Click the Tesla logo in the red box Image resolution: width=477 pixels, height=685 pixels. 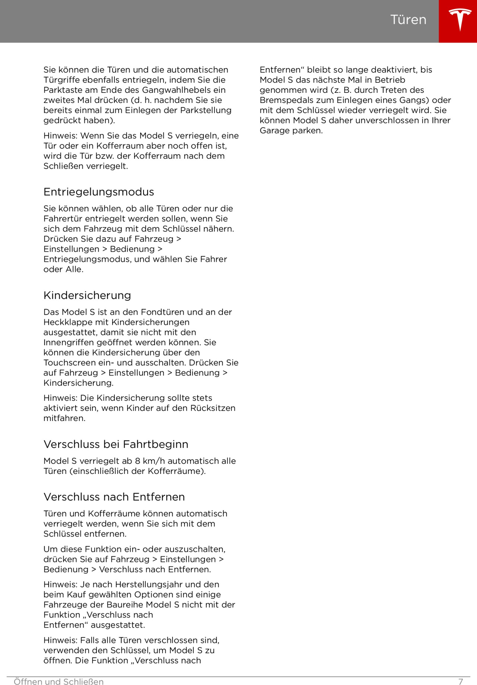460,20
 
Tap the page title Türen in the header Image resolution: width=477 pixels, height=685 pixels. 408,20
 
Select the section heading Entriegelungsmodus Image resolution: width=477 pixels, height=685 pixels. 99,192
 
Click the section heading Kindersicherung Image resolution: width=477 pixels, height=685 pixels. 87,295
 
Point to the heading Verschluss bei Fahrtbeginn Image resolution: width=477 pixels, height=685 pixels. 116,444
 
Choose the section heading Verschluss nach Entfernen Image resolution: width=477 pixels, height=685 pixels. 114,497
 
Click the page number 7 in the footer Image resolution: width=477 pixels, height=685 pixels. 461,682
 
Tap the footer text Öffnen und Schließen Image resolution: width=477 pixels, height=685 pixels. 59,682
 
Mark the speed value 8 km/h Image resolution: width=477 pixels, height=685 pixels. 150,461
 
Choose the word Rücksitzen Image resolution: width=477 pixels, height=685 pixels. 213,408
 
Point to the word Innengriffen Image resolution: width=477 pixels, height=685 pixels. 69,342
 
